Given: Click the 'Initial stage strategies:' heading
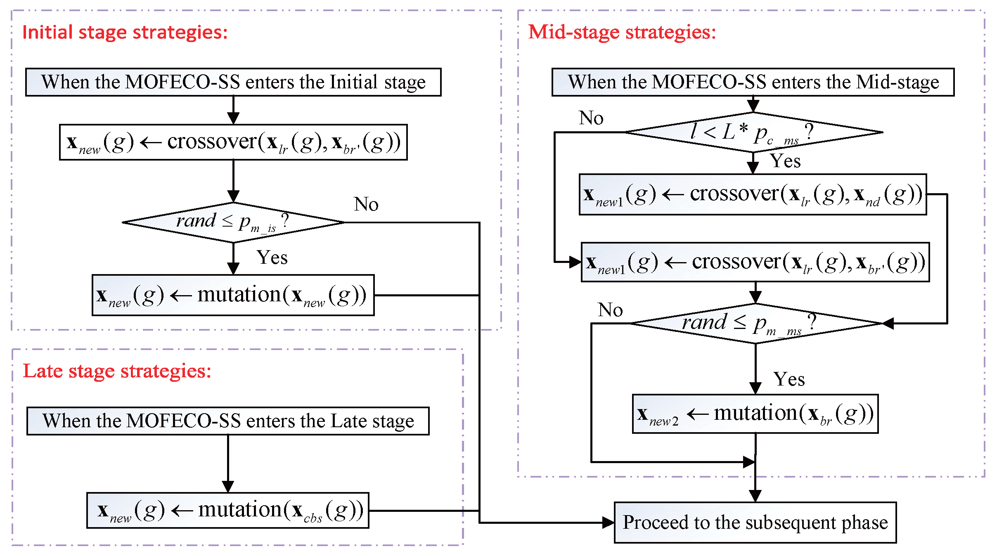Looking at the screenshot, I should point(125,32).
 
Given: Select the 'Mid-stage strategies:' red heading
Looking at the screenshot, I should point(622,32).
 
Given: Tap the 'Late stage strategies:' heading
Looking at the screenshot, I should point(117,371).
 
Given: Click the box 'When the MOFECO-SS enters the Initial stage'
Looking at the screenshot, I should point(233,82).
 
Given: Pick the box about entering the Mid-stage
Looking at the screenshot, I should point(753,82).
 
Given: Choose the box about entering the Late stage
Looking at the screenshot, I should point(228,421).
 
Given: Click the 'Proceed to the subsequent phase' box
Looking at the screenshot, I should point(755,523).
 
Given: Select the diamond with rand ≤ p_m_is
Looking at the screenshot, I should point(233,222).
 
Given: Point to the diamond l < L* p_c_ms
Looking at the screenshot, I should point(753,132).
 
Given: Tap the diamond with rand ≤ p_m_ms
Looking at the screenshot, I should point(755,323).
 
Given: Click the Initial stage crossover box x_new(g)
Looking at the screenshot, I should point(233,142).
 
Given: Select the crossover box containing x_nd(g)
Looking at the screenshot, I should point(753,194).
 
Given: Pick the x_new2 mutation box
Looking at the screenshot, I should point(755,414).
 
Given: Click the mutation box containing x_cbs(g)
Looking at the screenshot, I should point(228,511).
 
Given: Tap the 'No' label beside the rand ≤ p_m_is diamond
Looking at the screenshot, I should point(366,204).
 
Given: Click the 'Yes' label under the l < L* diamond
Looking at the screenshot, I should point(785,161).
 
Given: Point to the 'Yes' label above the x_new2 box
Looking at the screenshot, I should point(789,379).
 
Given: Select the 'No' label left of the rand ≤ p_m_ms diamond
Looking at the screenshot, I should point(610,310).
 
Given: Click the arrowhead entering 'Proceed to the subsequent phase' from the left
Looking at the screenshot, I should point(608,523).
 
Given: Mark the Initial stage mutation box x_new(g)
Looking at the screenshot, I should point(233,296).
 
